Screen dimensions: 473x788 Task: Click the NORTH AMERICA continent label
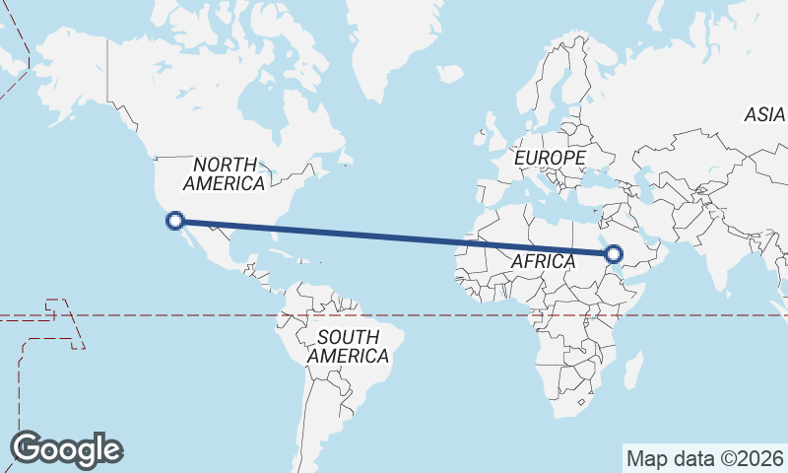pos(225,173)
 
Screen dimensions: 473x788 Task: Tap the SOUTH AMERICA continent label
pos(348,346)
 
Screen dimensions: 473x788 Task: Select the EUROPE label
pos(550,158)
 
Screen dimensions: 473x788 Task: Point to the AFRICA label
pos(543,261)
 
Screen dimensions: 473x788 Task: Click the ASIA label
pos(764,115)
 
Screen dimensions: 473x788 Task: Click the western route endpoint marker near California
pos(175,222)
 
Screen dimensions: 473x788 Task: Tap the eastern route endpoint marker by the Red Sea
pos(615,255)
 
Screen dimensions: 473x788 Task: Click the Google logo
pos(66,449)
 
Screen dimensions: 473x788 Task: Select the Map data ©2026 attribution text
pos(705,459)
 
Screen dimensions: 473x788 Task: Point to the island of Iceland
pos(449,73)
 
